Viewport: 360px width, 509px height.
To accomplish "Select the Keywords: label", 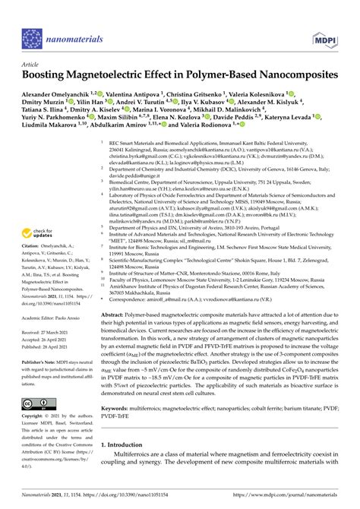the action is coord(119,409).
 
